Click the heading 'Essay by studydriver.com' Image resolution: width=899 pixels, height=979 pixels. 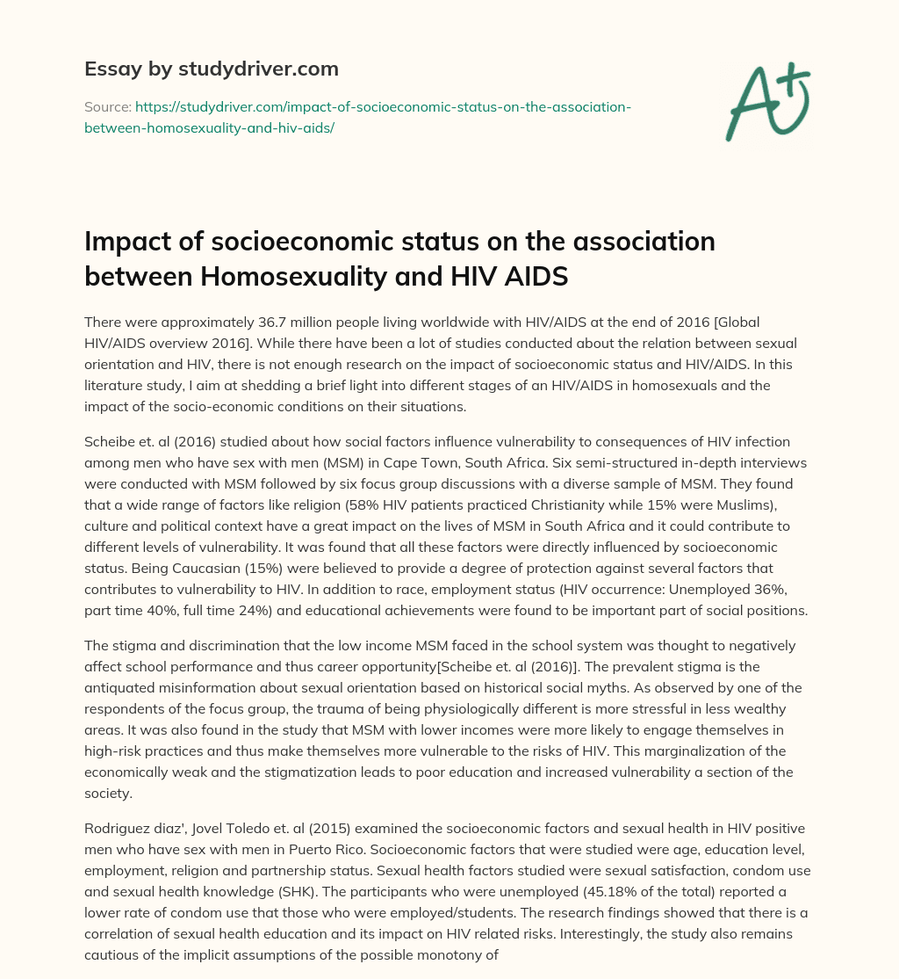tap(211, 68)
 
